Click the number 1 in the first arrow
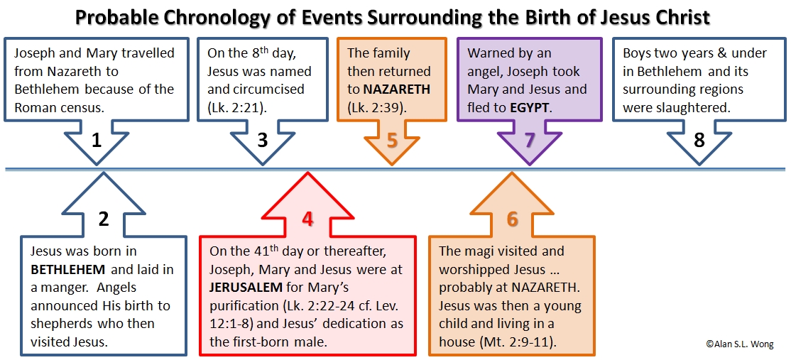(97, 140)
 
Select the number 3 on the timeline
(262, 140)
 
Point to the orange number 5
(393, 140)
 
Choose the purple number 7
(529, 140)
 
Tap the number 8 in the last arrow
(699, 140)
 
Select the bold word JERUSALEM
(246, 288)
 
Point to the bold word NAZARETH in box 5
(396, 89)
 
